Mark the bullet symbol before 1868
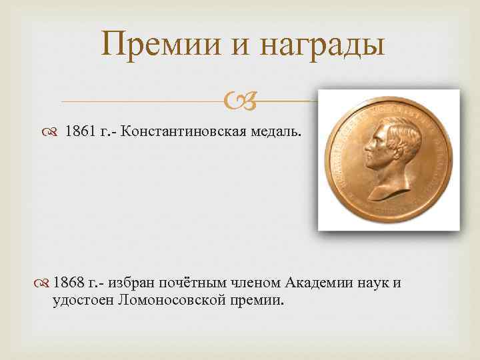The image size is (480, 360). point(44,283)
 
